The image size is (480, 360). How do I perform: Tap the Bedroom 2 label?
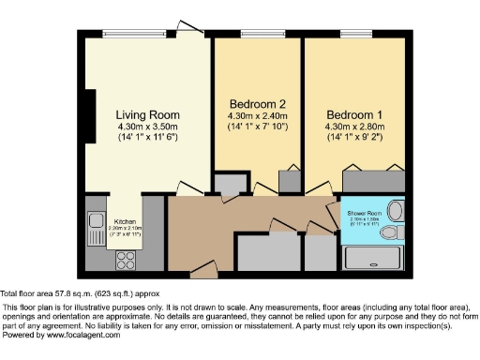coord(250,104)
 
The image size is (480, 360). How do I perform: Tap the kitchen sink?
coord(95,222)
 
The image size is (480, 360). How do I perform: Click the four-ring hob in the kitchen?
coord(96,250)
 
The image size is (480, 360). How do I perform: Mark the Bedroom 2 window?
coord(256,35)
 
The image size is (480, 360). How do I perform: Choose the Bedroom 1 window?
coord(356,35)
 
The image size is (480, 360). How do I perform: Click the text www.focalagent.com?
coord(80,335)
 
